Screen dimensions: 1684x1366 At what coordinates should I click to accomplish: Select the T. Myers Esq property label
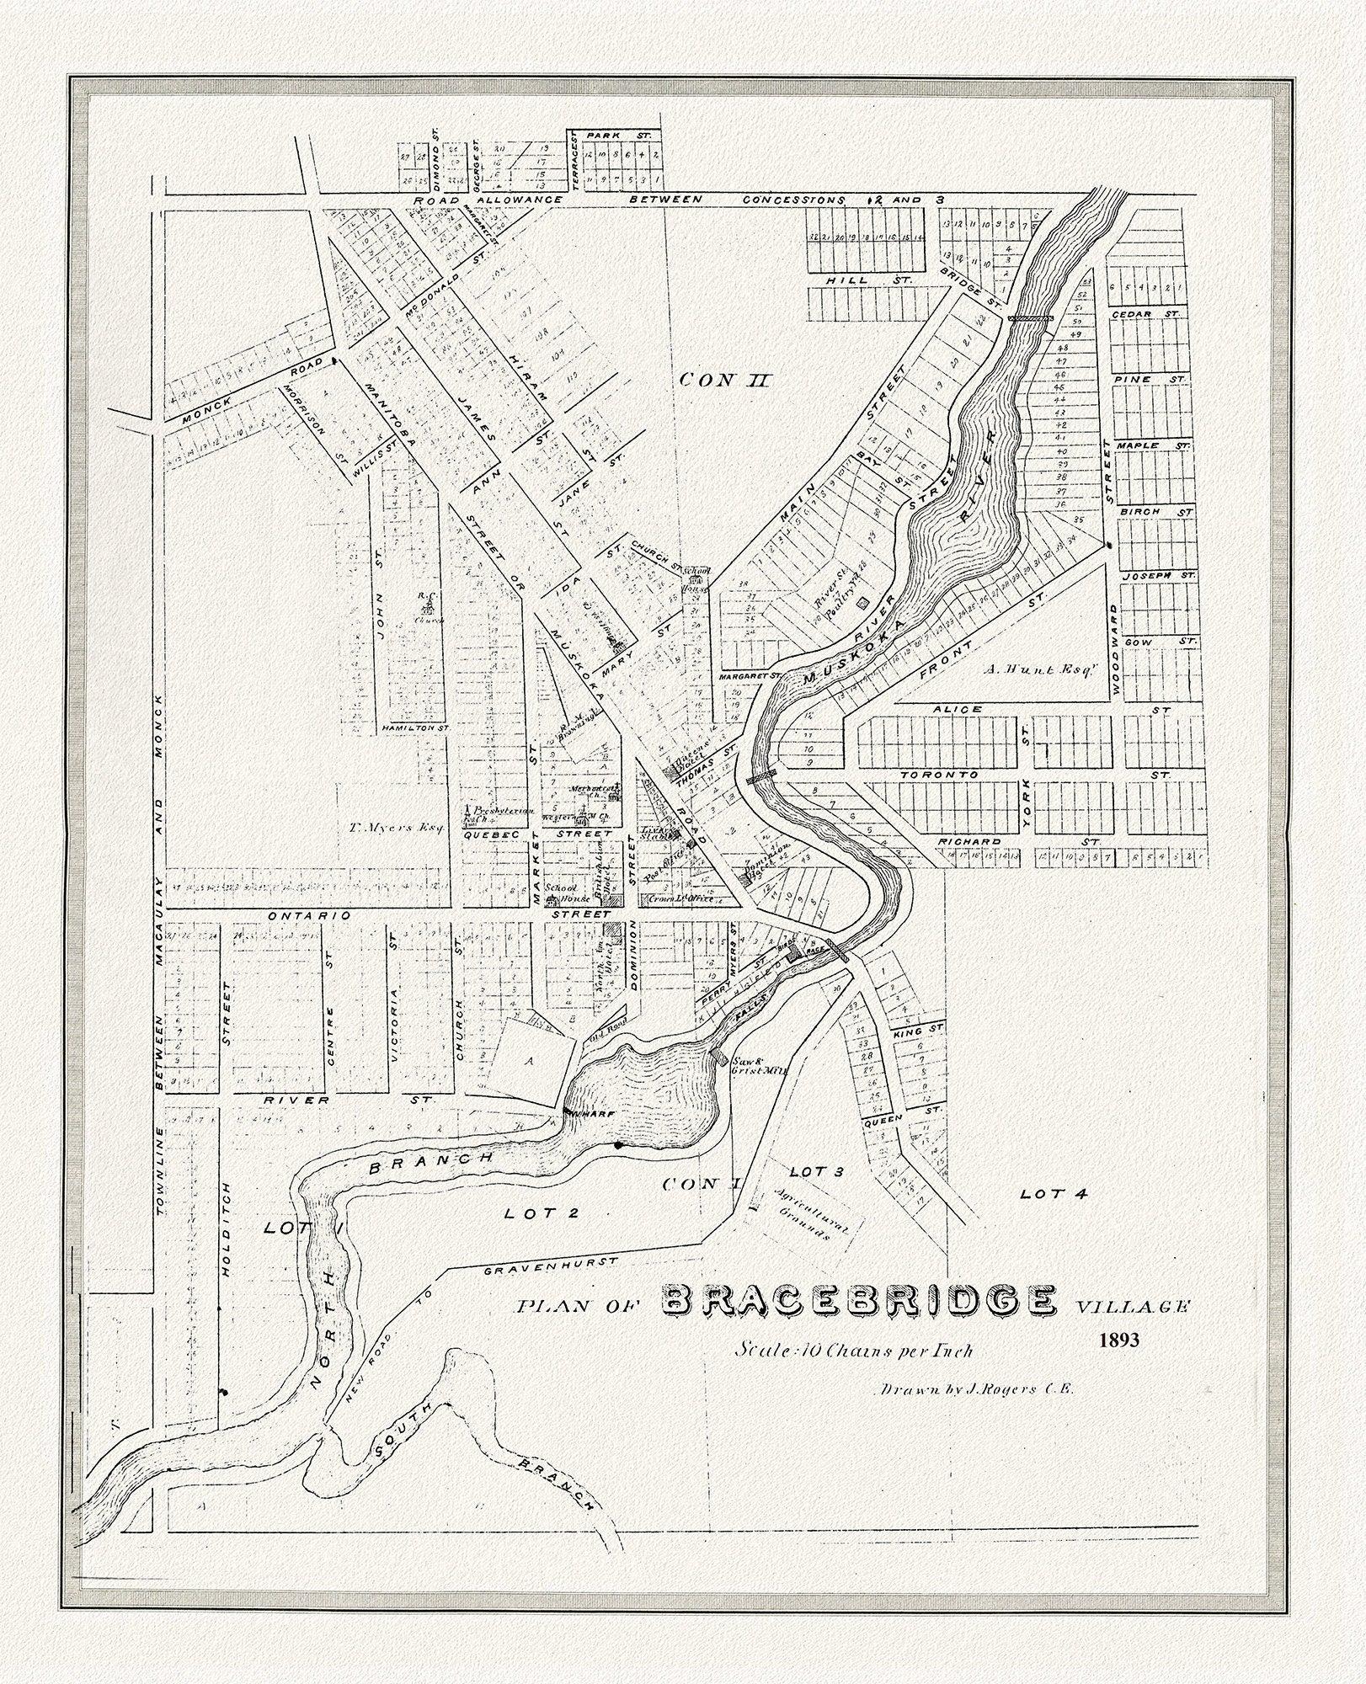pos(384,827)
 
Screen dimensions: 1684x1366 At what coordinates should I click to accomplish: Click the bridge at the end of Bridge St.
pos(1031,318)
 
